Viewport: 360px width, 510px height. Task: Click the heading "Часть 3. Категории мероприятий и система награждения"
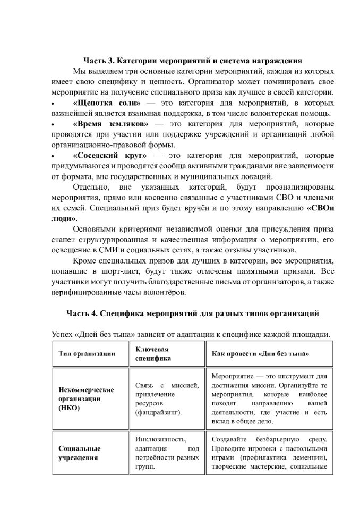193,60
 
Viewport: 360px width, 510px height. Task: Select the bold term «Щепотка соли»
107,103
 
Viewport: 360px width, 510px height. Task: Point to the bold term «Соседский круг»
109,156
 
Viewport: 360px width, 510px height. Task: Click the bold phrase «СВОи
321,208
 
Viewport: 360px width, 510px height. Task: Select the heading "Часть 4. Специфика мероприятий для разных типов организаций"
193,313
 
